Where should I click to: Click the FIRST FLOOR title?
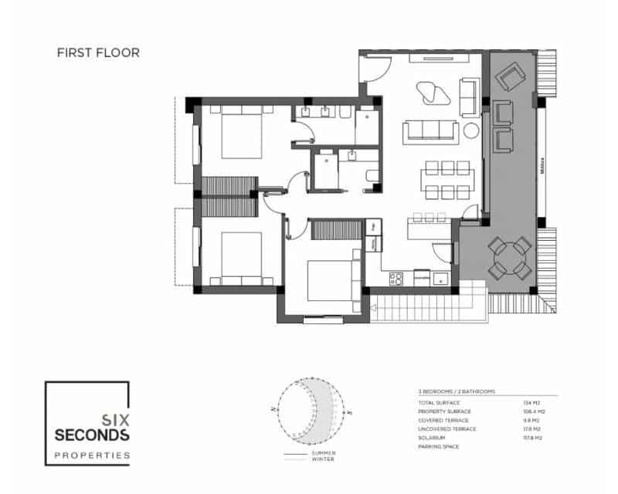[x=98, y=53]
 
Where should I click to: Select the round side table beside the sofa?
[x=470, y=131]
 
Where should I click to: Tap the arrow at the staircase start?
[x=376, y=306]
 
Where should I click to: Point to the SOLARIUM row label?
[x=430, y=438]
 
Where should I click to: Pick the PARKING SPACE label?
[x=438, y=446]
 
